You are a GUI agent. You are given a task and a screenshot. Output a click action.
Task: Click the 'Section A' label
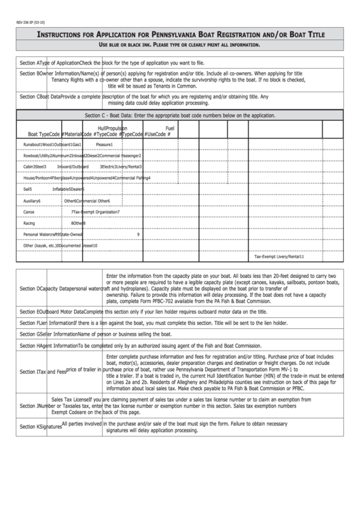(33, 63)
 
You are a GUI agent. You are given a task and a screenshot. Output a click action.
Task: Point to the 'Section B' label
(33, 73)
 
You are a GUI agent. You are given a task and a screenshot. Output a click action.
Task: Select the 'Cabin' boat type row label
(29, 166)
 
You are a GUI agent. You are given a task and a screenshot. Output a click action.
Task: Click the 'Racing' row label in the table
(29, 223)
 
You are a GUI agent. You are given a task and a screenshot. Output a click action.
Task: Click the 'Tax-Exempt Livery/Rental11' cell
(279, 258)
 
